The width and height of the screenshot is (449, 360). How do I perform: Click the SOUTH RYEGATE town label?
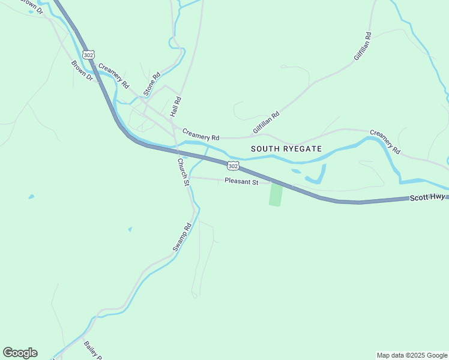coord(286,148)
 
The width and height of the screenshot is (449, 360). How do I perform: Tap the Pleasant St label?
coord(241,181)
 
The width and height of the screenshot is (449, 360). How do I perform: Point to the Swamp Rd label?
coord(181,237)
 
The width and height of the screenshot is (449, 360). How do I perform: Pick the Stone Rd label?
coord(152,85)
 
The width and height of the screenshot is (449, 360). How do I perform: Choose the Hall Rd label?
coord(175,107)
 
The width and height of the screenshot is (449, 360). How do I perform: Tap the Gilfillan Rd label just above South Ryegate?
coord(267,122)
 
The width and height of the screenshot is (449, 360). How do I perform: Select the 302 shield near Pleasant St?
coord(233,166)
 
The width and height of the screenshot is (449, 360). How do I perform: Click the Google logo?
coord(20,353)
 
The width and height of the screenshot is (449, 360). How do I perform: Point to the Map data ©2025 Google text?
coord(412,355)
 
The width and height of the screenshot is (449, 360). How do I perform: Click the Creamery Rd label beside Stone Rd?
coord(113,76)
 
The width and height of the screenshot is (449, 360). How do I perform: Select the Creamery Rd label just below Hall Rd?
coord(201,134)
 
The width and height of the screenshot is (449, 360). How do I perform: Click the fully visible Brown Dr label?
coord(82,71)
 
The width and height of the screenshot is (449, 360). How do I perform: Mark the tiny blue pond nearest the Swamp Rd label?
coord(130,229)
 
